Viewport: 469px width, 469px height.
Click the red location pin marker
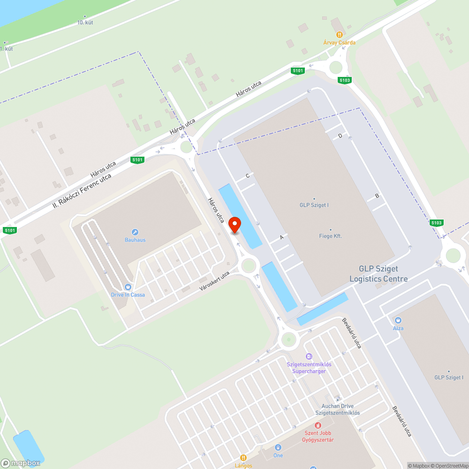point(234,225)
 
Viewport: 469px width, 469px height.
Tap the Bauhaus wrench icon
point(135,232)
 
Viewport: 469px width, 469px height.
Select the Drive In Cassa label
point(128,295)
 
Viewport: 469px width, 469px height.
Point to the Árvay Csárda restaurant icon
point(339,34)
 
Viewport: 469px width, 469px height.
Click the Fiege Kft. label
point(330,236)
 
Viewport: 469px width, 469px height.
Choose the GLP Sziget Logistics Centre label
point(378,274)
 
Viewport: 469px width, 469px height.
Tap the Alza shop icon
point(398,320)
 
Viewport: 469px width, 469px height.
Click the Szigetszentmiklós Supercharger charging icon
point(309,357)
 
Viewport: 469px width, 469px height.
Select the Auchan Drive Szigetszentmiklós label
point(338,409)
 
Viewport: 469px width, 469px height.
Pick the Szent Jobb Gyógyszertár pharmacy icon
point(318,425)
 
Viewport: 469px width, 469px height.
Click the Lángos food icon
point(243,458)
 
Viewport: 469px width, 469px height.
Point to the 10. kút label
point(85,22)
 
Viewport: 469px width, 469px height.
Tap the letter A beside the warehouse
point(282,237)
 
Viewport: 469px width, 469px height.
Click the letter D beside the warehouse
point(340,136)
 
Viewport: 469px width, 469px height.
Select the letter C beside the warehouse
point(248,175)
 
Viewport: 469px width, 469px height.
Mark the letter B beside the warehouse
point(377,196)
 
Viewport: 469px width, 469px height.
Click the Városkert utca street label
point(214,280)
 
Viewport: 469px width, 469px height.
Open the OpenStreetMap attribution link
point(449,466)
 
